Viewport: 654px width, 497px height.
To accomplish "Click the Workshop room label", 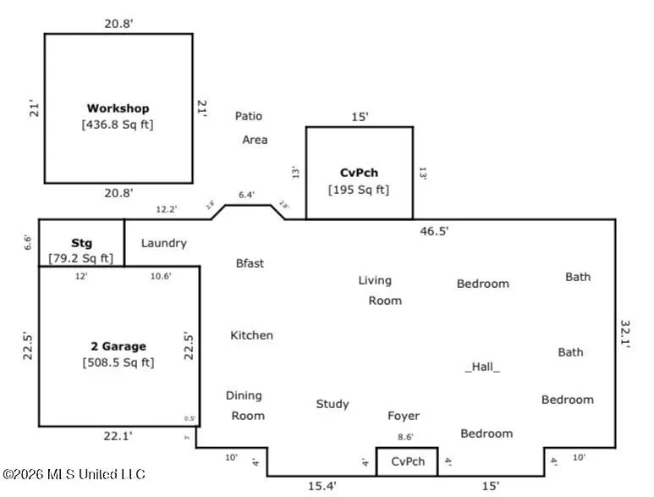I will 118,108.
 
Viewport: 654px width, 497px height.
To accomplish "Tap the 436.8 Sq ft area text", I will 118,124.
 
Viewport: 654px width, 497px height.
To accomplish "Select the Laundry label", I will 163,243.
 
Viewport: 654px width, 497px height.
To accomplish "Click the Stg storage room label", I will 81,241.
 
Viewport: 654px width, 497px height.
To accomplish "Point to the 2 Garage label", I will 118,346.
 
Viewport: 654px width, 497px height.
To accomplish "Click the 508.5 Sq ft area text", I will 118,362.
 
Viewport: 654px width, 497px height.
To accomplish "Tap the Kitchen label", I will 251,335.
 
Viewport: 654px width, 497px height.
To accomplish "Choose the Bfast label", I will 250,263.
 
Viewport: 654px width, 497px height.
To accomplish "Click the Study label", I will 332,405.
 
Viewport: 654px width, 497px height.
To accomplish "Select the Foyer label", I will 404,416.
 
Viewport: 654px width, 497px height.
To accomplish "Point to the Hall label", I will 482,367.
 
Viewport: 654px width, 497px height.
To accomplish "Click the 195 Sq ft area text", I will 359,190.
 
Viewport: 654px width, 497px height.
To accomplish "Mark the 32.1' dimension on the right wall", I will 627,335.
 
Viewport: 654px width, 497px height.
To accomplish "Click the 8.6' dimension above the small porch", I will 406,437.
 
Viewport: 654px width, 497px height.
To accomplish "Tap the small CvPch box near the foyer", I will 407,461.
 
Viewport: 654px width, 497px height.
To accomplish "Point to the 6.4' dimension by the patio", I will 246,195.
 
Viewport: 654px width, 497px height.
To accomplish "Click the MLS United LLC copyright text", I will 74,475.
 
